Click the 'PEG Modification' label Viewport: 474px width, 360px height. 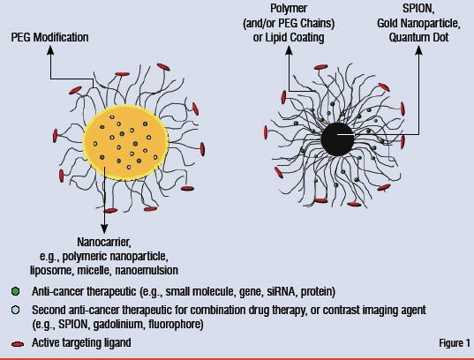tap(50, 37)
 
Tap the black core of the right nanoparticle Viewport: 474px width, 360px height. tap(337, 139)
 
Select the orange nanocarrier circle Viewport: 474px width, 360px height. tap(125, 143)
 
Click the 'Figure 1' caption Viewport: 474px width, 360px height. tap(455, 342)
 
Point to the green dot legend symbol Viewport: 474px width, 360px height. tap(15, 291)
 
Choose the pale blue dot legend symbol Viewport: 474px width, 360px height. tap(15, 310)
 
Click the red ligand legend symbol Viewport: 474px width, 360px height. tap(18, 344)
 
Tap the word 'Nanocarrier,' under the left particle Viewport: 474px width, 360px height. tap(104, 242)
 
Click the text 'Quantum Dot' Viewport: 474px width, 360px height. tap(418, 37)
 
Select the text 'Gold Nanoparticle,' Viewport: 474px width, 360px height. tap(418, 23)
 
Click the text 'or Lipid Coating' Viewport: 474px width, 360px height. tap(289, 37)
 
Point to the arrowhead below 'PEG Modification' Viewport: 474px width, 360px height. tap(50, 50)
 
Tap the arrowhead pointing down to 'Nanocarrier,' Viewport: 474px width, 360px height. tap(104, 229)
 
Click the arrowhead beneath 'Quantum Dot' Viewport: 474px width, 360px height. tap(418, 50)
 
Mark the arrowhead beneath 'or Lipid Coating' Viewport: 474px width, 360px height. tap(289, 50)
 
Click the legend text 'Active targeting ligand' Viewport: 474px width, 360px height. tap(81, 342)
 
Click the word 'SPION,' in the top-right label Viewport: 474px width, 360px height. tap(418, 9)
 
